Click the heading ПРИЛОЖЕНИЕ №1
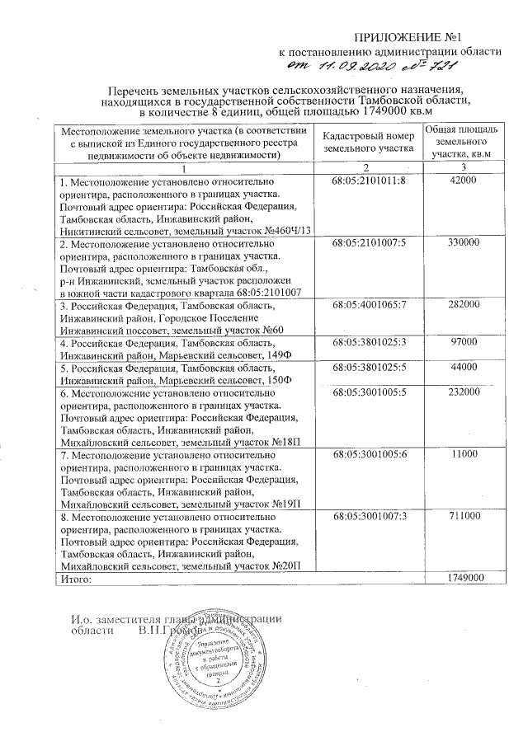[x=428, y=38]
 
